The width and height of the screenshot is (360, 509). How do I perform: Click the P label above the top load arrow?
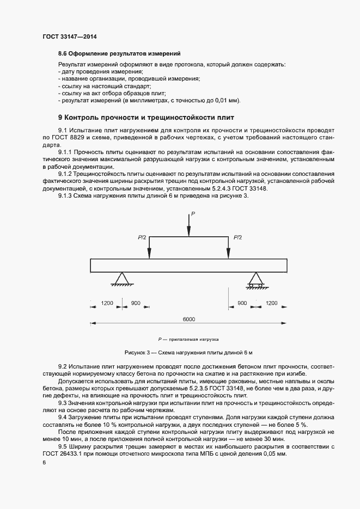[x=192, y=214]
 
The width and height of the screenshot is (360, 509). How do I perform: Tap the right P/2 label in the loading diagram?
[x=237, y=237]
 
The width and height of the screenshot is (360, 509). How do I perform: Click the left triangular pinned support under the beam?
[x=120, y=279]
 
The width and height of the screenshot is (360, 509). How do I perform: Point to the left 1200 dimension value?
[x=107, y=303]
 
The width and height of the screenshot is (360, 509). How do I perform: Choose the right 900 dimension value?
[x=242, y=303]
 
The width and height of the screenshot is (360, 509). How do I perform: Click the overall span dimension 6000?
[x=188, y=319]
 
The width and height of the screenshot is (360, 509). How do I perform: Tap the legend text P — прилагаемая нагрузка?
[x=188, y=338]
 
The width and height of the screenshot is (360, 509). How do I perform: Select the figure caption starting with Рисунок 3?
[x=188, y=353]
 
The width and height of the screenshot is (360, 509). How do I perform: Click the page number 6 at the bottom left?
[x=44, y=462]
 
